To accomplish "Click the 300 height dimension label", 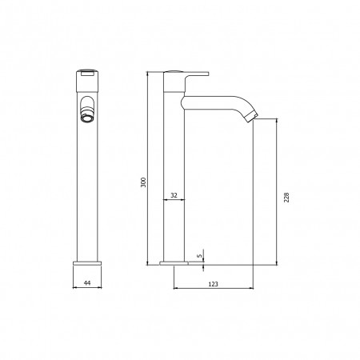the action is (143, 182).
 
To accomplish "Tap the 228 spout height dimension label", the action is (286, 197).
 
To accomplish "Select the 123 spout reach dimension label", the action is (213, 284).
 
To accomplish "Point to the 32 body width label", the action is (174, 195).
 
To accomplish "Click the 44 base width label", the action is (87, 283).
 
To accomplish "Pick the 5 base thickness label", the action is (199, 256).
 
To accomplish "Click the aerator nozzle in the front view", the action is (86, 118).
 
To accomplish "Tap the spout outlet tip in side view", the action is (252, 117).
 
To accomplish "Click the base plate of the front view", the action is (87, 263).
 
